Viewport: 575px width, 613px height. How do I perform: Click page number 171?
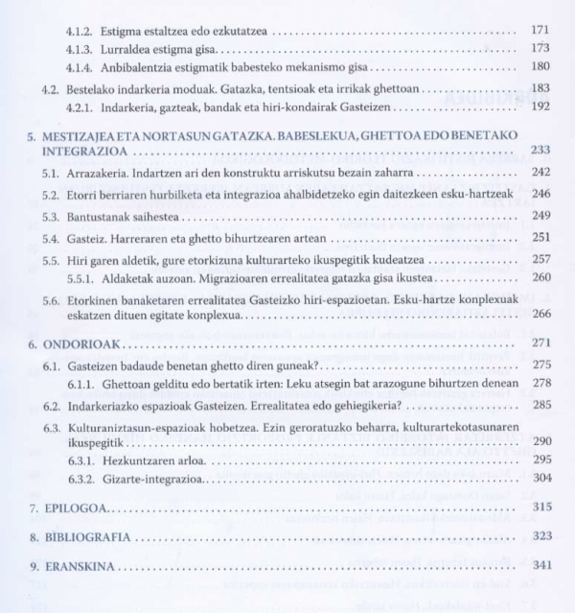(540, 30)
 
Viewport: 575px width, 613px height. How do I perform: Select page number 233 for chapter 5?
(540, 151)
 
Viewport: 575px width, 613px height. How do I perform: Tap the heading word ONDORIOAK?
(84, 342)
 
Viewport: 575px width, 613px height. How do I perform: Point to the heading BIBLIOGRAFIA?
(91, 536)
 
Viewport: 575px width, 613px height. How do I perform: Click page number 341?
(540, 565)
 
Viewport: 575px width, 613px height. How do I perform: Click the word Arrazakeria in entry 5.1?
(97, 173)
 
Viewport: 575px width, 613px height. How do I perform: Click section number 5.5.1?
(80, 277)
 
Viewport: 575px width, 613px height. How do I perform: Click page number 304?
(540, 478)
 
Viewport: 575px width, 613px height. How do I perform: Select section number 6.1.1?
(80, 383)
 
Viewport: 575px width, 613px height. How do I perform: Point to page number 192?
(540, 106)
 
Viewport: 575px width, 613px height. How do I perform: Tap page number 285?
(540, 404)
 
